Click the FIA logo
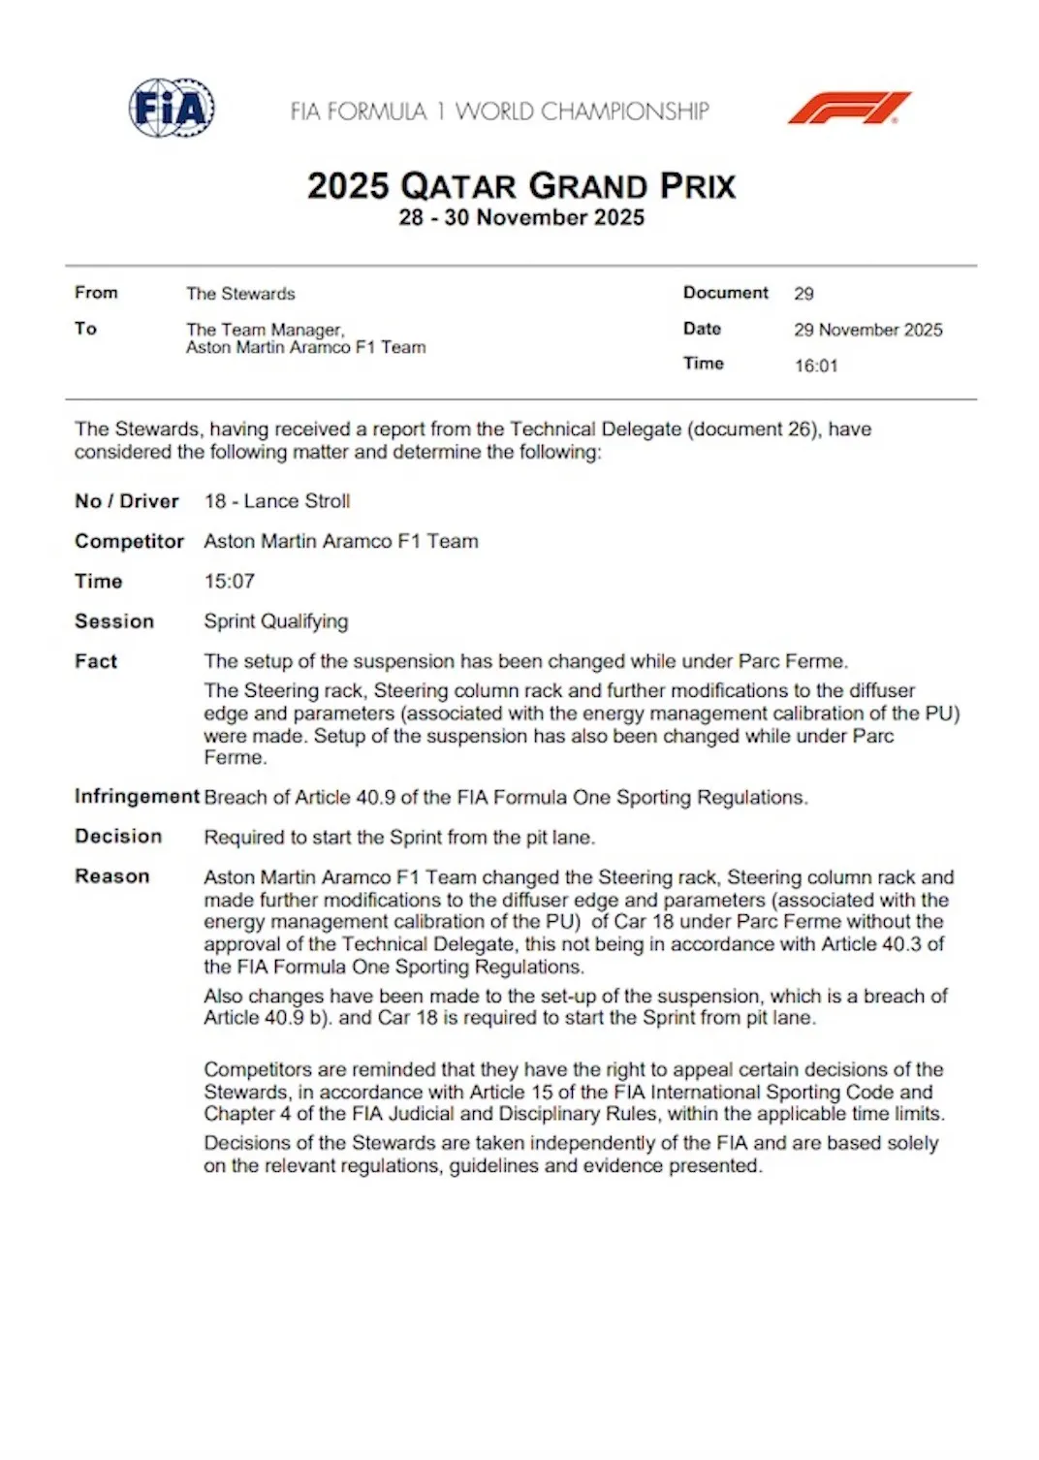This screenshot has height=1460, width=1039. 172,108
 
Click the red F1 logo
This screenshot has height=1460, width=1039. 849,108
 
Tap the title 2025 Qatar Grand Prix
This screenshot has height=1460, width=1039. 521,185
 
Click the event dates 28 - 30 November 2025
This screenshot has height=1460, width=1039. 521,217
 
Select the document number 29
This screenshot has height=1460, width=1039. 803,294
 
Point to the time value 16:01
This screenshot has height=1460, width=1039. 816,365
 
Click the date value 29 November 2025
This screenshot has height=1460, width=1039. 867,330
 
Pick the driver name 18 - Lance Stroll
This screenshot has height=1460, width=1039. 277,501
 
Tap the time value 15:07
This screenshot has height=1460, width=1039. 229,581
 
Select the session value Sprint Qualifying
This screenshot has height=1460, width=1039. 276,621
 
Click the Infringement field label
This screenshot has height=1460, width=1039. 137,796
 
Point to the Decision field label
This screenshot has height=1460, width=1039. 118,836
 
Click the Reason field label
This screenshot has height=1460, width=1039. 112,876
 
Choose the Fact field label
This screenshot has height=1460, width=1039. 96,661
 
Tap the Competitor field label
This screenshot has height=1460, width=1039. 129,541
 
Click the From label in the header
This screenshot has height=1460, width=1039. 96,293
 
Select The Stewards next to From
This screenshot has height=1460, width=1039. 240,294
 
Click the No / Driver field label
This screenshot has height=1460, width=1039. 127,501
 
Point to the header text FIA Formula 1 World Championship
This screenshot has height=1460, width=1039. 499,111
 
